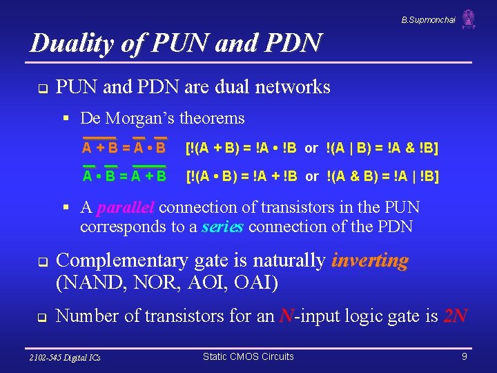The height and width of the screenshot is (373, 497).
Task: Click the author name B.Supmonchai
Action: (x=428, y=20)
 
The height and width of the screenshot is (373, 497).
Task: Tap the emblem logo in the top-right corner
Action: (x=469, y=19)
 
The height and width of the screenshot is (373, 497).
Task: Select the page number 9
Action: (x=465, y=357)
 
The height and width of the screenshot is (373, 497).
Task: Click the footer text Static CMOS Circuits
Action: (x=248, y=356)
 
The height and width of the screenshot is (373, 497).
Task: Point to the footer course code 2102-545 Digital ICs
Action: (x=66, y=357)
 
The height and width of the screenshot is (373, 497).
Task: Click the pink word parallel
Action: (x=128, y=208)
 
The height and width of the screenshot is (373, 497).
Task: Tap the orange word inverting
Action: (x=369, y=261)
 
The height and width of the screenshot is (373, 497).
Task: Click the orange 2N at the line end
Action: (x=456, y=316)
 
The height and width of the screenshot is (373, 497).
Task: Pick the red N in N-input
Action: (x=286, y=316)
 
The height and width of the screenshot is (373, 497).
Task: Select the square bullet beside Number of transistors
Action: (x=41, y=318)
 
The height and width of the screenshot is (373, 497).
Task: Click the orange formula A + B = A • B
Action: (x=124, y=148)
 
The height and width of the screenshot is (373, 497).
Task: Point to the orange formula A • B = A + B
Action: (x=124, y=175)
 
